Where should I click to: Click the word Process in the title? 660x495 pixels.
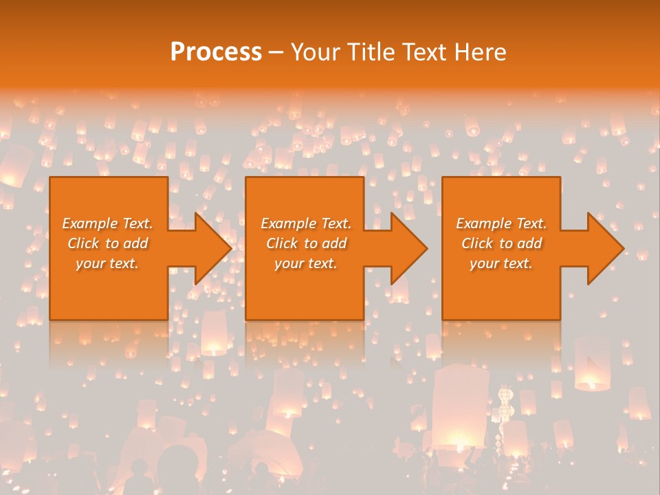click(216, 52)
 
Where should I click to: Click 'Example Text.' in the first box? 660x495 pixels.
click(108, 223)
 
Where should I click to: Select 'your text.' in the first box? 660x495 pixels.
click(107, 263)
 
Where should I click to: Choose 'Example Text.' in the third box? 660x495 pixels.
click(501, 223)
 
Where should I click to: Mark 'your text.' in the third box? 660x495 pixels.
click(501, 263)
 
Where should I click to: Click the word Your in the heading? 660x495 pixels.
click(317, 52)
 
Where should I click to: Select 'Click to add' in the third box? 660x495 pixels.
click(502, 243)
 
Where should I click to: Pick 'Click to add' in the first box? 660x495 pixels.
click(108, 243)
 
